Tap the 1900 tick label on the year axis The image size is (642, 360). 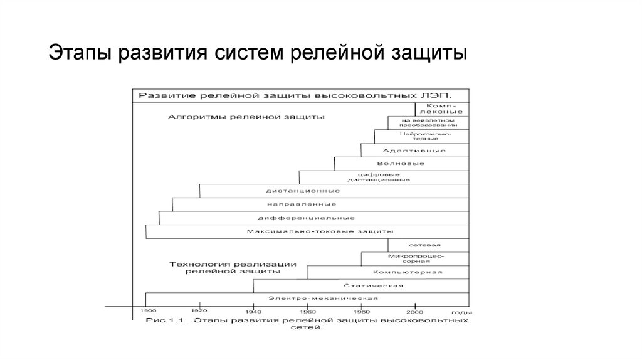[x=145, y=311]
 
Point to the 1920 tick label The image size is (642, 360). [x=199, y=311]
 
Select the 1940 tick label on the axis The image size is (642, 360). [x=253, y=311]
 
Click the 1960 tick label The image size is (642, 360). [x=307, y=311]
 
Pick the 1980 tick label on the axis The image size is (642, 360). [x=361, y=311]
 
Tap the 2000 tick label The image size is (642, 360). [x=414, y=311]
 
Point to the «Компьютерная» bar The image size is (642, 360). [x=408, y=272]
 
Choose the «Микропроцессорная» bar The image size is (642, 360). [x=416, y=258]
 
